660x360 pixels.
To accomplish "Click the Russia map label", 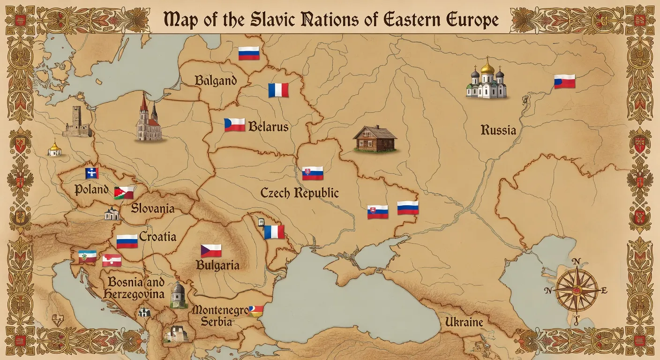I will point(498,130).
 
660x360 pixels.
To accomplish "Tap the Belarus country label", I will point(268,126).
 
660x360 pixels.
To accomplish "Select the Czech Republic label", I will point(300,193).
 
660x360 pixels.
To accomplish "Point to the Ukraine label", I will point(464,322).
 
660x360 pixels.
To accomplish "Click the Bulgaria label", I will point(217,265).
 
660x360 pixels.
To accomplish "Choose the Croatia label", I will point(157,237).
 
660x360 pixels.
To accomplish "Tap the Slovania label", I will point(153,208).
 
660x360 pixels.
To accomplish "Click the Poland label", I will point(91,190).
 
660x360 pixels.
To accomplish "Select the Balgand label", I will point(216,80).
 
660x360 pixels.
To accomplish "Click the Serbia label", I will point(216,322).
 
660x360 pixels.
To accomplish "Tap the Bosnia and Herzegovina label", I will point(136,288).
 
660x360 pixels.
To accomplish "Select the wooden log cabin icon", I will point(375,139).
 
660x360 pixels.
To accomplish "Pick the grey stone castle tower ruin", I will point(77,122).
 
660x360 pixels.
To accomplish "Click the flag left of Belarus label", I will point(234,125).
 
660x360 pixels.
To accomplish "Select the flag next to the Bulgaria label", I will point(211,251).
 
